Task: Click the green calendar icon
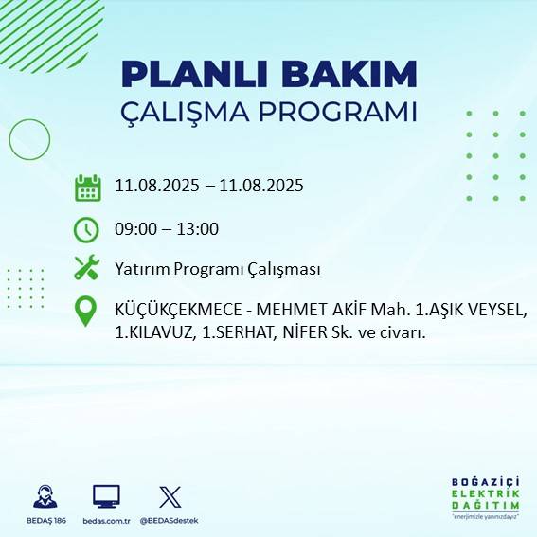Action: pos(87,188)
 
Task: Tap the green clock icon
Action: pos(86,229)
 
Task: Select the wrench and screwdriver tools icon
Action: pos(86,268)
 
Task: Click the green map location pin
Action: pos(86,312)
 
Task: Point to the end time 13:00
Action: pos(199,229)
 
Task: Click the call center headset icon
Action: pos(45,497)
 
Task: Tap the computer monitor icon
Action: pos(105,497)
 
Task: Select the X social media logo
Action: pos(170,497)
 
